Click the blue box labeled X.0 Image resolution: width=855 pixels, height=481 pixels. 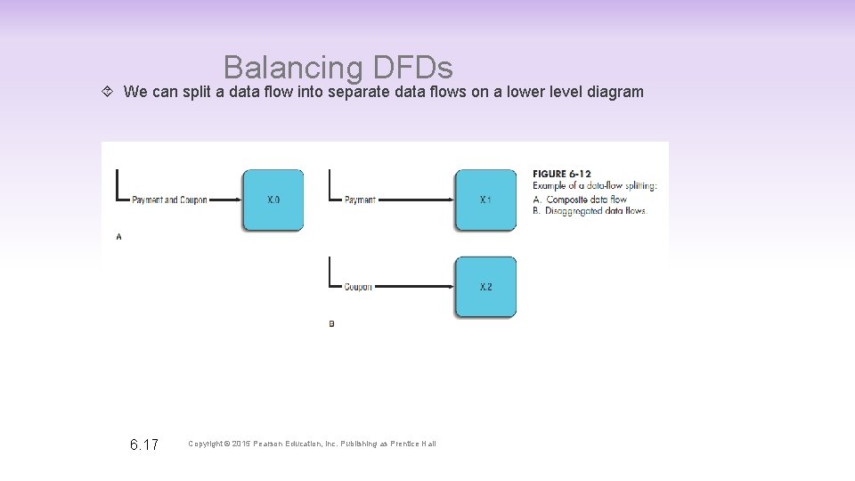[273, 200]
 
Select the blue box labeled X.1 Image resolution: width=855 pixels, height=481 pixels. [485, 200]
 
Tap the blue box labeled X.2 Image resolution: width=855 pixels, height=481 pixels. [485, 287]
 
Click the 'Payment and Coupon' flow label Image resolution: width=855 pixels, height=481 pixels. [169, 200]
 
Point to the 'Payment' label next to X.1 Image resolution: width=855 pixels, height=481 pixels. [360, 200]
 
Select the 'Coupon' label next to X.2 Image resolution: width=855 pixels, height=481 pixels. [358, 287]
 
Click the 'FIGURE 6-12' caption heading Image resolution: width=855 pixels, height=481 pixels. [562, 174]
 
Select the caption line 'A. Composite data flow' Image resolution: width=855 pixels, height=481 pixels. [580, 199]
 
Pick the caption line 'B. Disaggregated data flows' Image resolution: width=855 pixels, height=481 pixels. [590, 211]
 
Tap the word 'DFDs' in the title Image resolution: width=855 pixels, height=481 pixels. [412, 68]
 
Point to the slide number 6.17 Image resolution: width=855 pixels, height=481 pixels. [143, 444]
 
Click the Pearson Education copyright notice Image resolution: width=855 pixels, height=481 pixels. [312, 444]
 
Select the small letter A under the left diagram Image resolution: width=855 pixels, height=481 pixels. [118, 237]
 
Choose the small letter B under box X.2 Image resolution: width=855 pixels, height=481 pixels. [331, 324]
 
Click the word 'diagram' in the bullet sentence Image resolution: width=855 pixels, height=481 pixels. [615, 92]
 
